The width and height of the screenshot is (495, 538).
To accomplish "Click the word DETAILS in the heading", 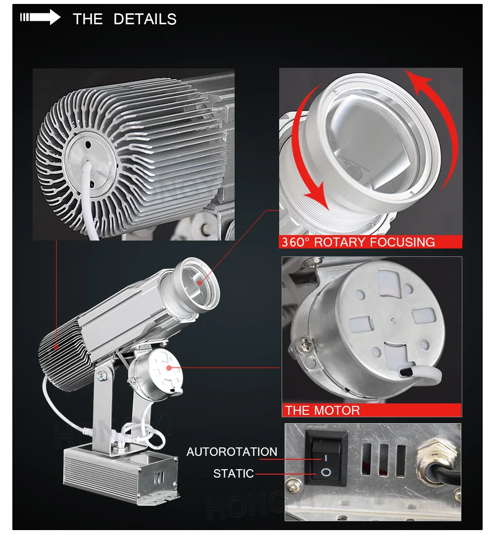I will pos(145,19).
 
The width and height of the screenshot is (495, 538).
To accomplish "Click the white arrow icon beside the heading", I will pos(41,18).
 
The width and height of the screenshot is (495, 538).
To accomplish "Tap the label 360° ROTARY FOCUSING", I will pos(358,242).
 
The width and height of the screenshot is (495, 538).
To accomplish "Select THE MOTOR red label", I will pos(322,410).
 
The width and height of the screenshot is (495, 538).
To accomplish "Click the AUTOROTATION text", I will pos(232,452).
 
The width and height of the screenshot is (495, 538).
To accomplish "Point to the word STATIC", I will pos(233,474).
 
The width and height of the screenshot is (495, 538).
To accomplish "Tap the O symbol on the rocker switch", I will pos(325,473).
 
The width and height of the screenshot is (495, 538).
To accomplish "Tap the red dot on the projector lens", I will pos(200,283).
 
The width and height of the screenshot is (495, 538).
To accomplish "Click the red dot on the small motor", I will pos(169,368).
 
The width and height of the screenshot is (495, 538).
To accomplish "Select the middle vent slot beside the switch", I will pos(382,461).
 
